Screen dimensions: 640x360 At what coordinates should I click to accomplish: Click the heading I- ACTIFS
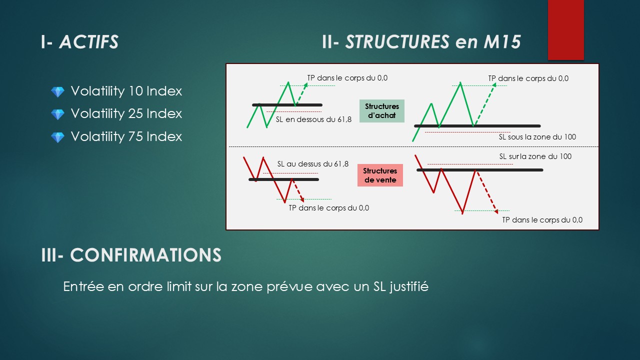(79, 42)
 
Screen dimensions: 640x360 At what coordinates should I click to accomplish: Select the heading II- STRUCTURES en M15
(421, 42)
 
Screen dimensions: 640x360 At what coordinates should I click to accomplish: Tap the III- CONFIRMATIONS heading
(131, 255)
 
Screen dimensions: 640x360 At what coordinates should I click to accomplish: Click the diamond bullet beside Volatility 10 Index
(57, 92)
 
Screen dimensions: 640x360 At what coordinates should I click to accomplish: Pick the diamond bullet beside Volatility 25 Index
(57, 114)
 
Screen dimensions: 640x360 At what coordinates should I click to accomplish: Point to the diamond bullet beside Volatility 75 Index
(57, 137)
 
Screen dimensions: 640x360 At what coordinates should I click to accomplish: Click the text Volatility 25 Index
(126, 113)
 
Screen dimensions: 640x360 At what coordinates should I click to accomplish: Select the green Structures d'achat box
(381, 111)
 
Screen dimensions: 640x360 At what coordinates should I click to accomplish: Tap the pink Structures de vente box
(380, 175)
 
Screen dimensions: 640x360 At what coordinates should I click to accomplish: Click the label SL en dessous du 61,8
(313, 119)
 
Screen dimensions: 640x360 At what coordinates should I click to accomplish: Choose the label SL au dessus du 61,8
(313, 164)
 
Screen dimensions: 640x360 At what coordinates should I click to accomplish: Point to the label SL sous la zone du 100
(537, 137)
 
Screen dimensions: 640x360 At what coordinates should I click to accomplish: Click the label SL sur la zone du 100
(535, 156)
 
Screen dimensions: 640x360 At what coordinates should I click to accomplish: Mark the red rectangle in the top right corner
(565, 29)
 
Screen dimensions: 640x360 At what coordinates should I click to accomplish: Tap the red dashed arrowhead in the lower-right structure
(496, 211)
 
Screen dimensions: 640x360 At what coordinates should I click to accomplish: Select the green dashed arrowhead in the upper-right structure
(494, 85)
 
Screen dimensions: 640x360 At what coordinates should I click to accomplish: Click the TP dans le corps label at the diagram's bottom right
(542, 219)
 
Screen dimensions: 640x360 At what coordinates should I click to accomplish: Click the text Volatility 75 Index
(126, 136)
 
